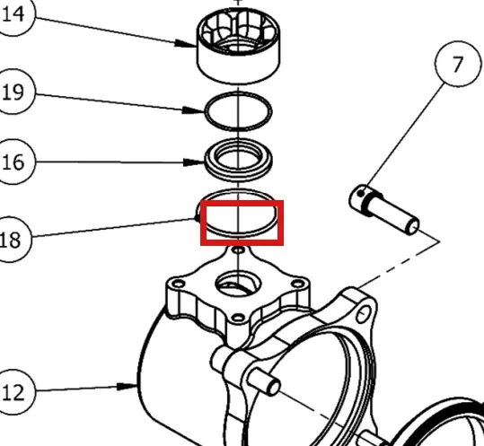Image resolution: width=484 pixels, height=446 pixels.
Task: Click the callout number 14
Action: coord(13,14)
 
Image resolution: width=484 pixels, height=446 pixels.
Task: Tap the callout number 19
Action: coord(13,92)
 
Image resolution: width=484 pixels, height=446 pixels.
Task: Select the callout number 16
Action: coord(13,162)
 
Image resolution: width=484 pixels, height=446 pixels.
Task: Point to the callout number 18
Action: coord(10,240)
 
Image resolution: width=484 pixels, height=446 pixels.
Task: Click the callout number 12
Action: coord(13,393)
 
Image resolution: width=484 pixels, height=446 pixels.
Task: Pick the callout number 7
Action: coord(457,65)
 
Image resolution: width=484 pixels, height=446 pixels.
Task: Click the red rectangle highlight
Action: coord(242,202)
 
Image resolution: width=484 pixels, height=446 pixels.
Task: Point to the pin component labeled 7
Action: coord(383,210)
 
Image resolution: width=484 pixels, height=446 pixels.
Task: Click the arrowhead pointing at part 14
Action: coord(186,43)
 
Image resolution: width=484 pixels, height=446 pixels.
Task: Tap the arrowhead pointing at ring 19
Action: coord(194,110)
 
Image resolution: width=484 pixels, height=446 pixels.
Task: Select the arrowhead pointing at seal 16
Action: coord(194,162)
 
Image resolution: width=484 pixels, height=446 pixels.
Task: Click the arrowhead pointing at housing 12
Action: coord(128,386)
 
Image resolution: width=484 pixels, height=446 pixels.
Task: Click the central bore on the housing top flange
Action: coord(238,284)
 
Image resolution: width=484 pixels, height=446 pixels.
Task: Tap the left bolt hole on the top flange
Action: coord(178,284)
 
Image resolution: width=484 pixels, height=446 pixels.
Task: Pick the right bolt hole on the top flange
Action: coord(298,284)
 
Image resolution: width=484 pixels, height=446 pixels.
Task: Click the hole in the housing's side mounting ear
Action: coord(364,314)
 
